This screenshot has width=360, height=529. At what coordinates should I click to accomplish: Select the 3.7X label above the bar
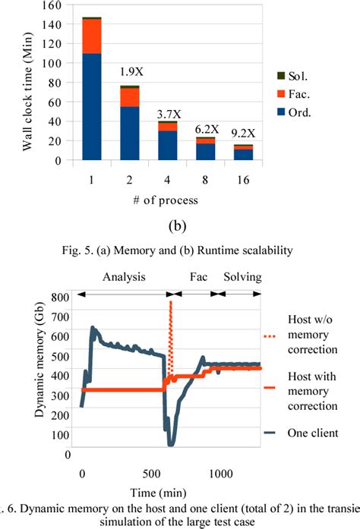click(167, 114)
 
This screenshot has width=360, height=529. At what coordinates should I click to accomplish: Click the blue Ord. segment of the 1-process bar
click(92, 106)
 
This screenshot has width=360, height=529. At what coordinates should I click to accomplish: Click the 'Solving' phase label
click(241, 277)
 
